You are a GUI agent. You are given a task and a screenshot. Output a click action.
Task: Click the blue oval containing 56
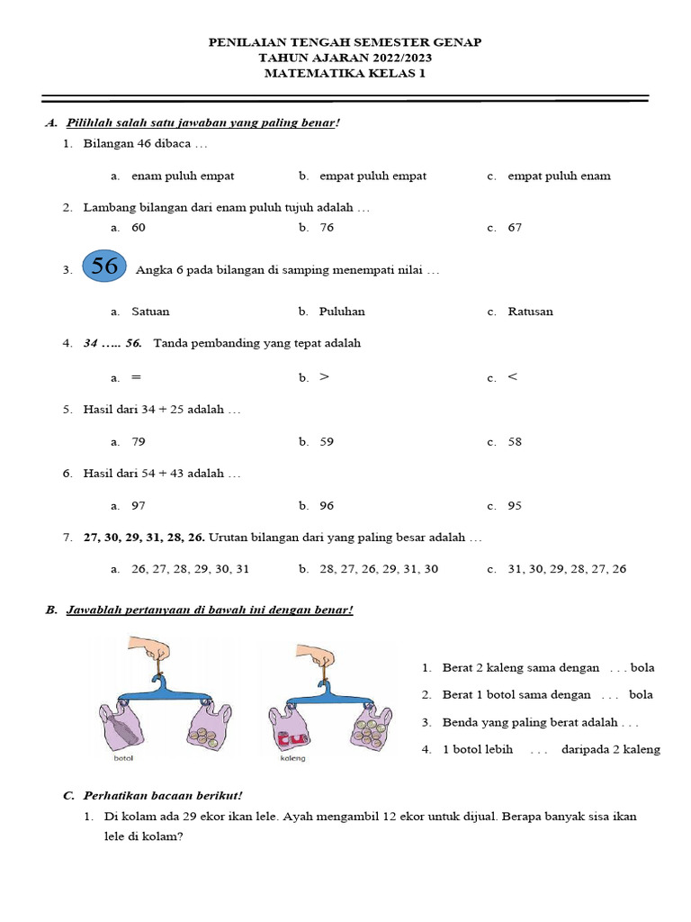click(104, 267)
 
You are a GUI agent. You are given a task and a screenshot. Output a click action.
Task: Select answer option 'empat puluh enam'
click(559, 176)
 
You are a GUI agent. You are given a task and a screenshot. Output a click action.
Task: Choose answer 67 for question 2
click(515, 228)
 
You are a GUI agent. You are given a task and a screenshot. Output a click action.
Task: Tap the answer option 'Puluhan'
click(342, 312)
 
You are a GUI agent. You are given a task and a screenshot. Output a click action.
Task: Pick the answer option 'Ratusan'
click(530, 312)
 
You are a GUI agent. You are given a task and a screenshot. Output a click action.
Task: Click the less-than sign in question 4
click(513, 377)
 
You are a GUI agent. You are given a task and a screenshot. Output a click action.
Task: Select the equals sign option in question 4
click(136, 377)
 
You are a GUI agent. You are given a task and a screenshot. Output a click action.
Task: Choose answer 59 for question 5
click(327, 442)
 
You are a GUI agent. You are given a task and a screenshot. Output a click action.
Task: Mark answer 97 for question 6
click(139, 506)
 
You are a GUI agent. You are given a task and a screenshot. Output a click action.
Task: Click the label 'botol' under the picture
click(122, 758)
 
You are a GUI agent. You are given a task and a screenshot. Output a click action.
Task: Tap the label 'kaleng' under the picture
click(292, 758)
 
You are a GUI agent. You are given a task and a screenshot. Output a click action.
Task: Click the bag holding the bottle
click(122, 726)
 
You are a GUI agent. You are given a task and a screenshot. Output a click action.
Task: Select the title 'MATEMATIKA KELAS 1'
click(345, 74)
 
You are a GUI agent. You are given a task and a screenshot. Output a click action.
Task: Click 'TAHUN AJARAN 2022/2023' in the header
click(345, 58)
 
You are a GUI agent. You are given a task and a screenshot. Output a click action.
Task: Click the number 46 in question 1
click(147, 144)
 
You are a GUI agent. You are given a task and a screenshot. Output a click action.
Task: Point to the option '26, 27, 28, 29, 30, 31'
click(190, 569)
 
